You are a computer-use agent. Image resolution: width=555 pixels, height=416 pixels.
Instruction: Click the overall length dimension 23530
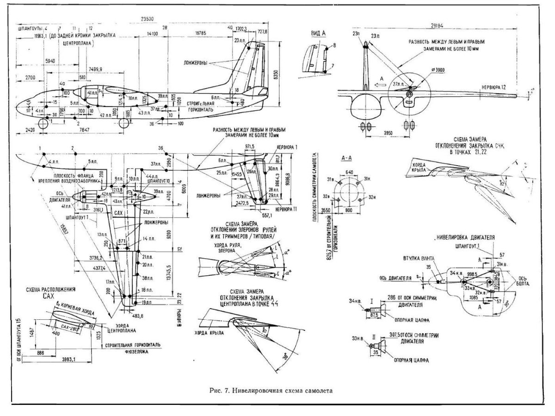click(147, 19)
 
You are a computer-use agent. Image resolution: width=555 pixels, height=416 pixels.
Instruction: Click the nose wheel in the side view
click(43, 123)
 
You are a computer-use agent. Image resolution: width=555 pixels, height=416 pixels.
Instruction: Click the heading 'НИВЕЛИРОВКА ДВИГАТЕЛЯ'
click(466, 237)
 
